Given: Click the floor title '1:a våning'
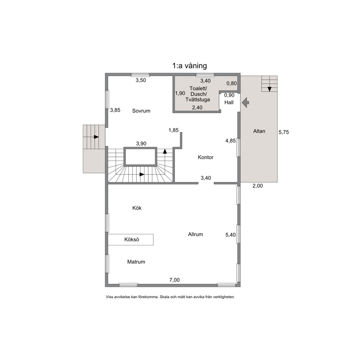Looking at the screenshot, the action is coord(190,66).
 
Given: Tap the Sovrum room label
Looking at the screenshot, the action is coord(141,111).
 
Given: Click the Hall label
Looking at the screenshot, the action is coord(229,102).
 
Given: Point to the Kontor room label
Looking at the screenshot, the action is coord(206,157).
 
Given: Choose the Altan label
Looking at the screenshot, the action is coord(259,131).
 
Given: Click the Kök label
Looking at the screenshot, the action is coord(137,208).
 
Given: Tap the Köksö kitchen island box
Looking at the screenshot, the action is coord(131,240).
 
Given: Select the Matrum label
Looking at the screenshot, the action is coord(136,262).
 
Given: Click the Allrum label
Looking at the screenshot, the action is coord(196,234).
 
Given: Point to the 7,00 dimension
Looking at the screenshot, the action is coord(175,280).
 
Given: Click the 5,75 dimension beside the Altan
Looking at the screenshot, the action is coord(284,132).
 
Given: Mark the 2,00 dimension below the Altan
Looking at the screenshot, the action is coord(258,186).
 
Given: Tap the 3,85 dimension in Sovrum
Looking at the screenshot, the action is coord(115,110).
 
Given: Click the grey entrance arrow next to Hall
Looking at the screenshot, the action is coord(246,102).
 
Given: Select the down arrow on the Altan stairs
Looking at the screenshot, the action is coord(270,89).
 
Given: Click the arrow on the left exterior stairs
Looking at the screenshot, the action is coord(96,137).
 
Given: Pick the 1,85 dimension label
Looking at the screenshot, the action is coord(173,130).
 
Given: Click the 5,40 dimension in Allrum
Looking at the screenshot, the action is coord(230,235).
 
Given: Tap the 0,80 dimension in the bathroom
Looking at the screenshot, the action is coord(232,83).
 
